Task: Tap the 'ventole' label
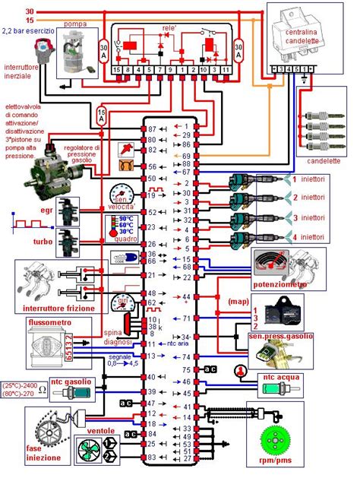coord(99,430)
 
